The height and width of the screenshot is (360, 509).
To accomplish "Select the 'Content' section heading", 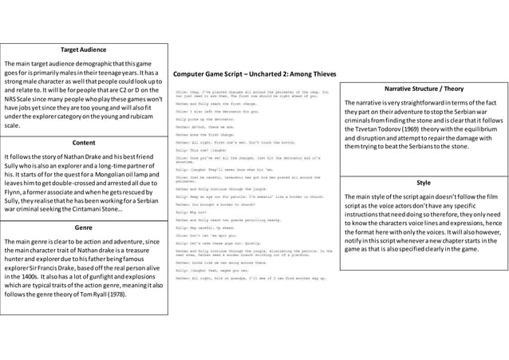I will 84,142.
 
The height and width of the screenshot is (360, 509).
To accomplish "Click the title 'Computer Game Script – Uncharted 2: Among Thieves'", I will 254,73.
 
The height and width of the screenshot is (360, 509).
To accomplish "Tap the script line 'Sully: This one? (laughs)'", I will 195,148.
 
